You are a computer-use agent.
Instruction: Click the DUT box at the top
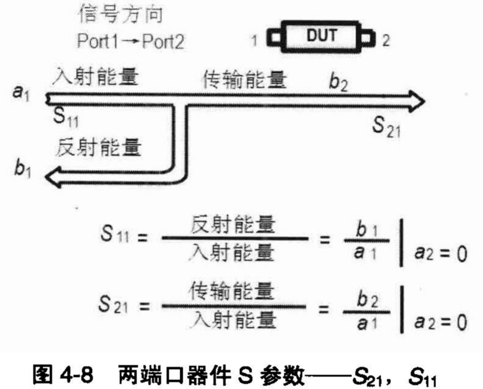click(322, 36)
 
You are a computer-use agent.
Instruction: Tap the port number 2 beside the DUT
click(386, 41)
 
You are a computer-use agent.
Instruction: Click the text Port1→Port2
click(131, 41)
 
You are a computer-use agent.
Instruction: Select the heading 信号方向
click(120, 15)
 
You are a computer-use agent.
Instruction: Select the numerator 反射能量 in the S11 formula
click(233, 226)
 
